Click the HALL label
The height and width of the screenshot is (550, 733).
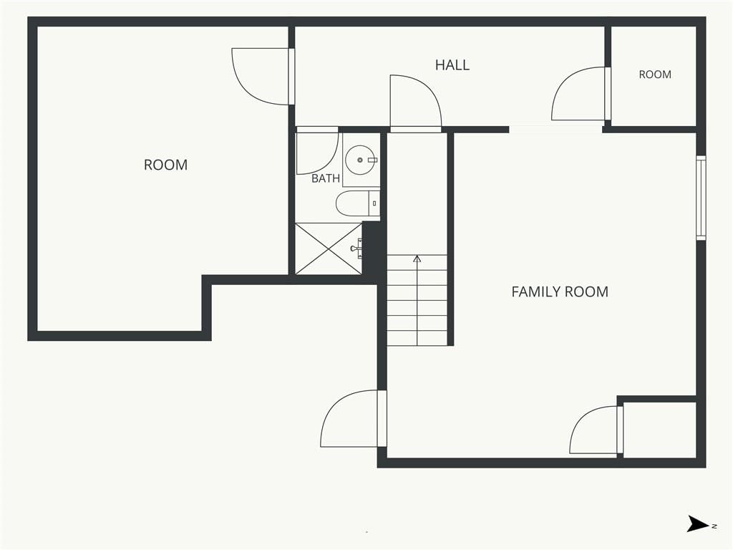point(452,65)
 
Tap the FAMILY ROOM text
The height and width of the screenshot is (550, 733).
point(560,292)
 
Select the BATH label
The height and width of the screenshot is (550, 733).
point(326,178)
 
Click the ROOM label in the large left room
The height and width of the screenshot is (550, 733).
point(165,165)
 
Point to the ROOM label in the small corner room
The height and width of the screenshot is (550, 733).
point(655,74)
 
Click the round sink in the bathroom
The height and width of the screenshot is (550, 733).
point(360,160)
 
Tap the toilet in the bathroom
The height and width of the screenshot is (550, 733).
point(358,203)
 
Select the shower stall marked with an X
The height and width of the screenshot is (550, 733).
point(329,249)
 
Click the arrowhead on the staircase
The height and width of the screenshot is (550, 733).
point(417,259)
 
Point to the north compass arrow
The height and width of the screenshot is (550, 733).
point(698,524)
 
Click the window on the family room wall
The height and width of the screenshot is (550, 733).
point(701,198)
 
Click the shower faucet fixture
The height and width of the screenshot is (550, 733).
point(358,249)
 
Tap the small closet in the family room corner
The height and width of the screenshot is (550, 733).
point(659,430)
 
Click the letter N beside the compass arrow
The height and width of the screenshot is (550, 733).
point(714,526)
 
